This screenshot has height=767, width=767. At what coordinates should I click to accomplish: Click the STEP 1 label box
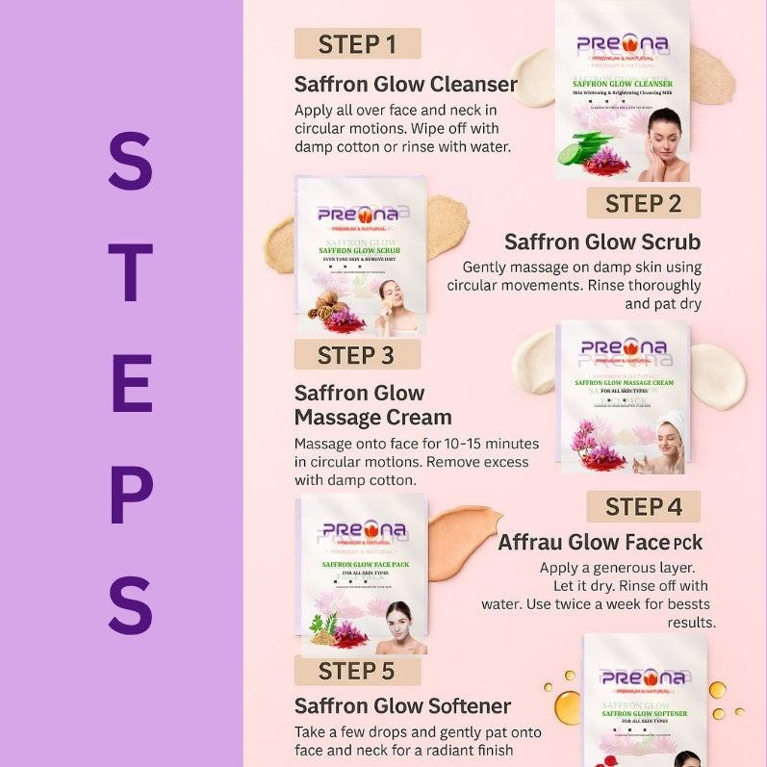coord(357,43)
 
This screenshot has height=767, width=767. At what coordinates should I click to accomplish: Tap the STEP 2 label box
coord(643,203)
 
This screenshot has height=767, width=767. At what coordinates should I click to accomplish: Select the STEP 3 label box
coord(357,354)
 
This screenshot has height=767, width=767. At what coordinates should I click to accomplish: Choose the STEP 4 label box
coord(643,506)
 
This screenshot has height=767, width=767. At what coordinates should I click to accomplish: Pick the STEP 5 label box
coord(357,670)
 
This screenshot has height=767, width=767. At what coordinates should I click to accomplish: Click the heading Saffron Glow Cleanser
coord(405,84)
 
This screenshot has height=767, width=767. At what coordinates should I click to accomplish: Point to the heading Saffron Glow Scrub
coord(602,242)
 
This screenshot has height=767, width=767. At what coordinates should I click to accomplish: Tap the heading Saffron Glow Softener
coord(402,706)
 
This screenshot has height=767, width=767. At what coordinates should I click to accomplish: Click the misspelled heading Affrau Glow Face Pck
coord(601,543)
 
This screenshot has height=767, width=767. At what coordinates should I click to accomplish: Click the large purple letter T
coord(130,272)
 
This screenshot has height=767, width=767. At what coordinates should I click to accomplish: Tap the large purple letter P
coord(131,494)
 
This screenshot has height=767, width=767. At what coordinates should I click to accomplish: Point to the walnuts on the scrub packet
coord(326,306)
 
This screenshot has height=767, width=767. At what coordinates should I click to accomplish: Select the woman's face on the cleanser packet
coord(663,131)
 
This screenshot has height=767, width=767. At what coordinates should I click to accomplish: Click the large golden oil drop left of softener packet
coord(568,706)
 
